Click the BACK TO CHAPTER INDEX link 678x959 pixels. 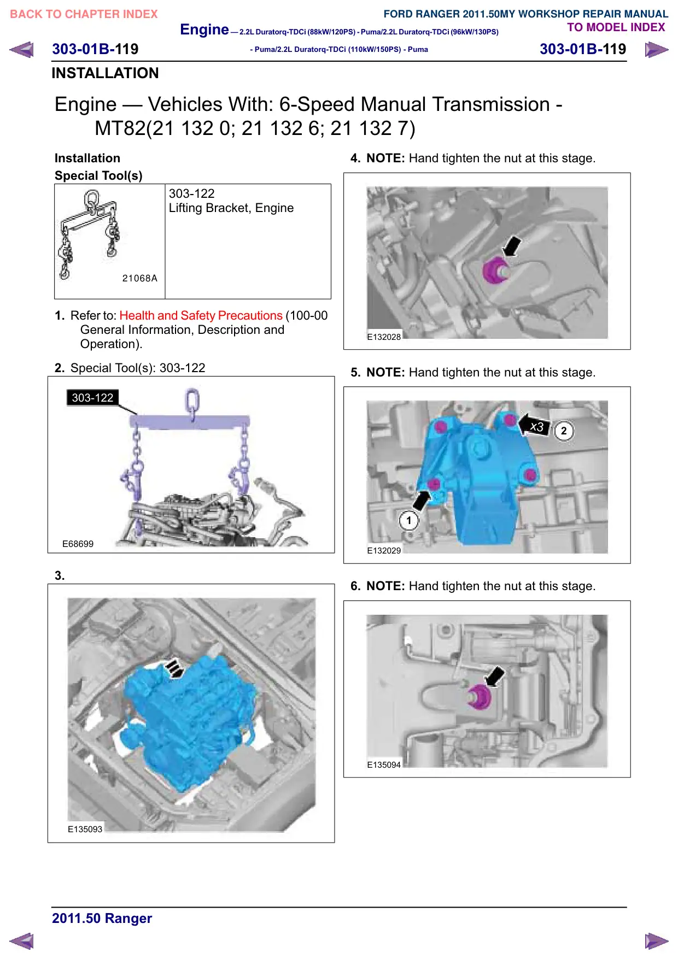[x=84, y=14]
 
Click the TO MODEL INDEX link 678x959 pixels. [x=616, y=27]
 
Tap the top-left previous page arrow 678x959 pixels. [x=21, y=50]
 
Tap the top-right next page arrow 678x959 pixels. [x=657, y=50]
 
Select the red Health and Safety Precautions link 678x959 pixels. [x=201, y=315]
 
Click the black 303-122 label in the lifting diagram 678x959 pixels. [x=92, y=397]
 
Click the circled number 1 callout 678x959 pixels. [x=408, y=521]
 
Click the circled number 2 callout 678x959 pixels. [x=564, y=431]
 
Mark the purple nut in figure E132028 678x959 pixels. [x=495, y=270]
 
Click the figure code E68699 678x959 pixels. [x=78, y=544]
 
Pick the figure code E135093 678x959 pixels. [x=85, y=829]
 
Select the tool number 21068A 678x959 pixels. [x=140, y=278]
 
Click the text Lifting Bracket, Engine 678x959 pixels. [x=231, y=208]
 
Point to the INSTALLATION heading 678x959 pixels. [x=105, y=73]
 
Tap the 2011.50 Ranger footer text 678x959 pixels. [x=102, y=918]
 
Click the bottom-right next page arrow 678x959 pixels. [x=657, y=941]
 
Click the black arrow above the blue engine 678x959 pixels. [x=174, y=668]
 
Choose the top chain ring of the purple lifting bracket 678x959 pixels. [x=192, y=400]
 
